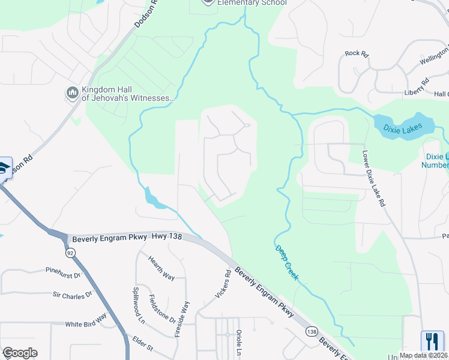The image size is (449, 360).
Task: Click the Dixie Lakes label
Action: pos(403,127)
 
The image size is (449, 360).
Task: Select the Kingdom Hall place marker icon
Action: pos(72,92)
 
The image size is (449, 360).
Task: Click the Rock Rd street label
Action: pos(357,53)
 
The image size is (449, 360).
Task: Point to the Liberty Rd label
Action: pos(416,87)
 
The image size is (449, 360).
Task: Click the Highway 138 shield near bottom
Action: pos(311,332)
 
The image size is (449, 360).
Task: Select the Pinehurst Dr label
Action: pos(63,272)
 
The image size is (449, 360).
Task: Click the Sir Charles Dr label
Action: pos(73,295)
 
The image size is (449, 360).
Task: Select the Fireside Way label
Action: pos(182,318)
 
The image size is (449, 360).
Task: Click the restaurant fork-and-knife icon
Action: pos(432,342)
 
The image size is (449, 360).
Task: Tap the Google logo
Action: pos(20,353)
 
